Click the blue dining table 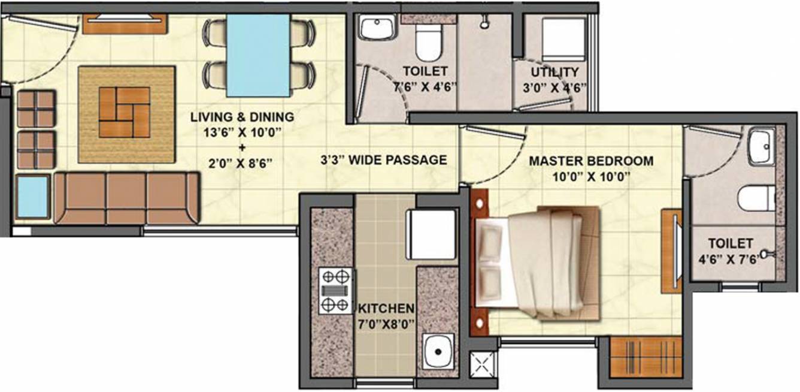tap(258, 55)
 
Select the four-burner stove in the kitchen tap(335, 291)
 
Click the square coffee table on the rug tap(124, 112)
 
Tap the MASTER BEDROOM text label tap(590, 161)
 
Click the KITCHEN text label tap(386, 309)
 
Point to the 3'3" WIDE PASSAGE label tap(383, 160)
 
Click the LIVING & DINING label tap(242, 116)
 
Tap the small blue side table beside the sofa tap(32, 196)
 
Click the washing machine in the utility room tap(563, 37)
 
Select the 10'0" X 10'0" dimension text tap(590, 177)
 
